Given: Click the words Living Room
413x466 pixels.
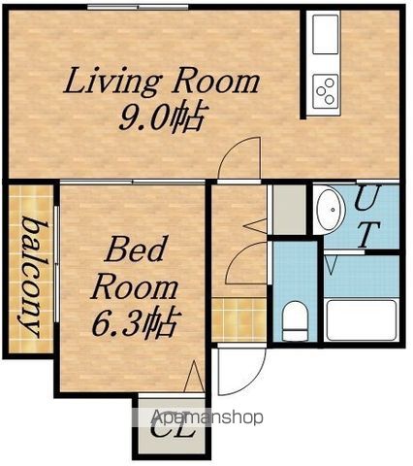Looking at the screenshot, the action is pyautogui.click(x=161, y=82).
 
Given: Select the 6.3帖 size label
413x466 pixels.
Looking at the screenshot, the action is pyautogui.click(x=136, y=322).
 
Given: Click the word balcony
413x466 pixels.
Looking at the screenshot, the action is pyautogui.click(x=32, y=278).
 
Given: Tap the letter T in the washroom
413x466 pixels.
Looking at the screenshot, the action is pyautogui.click(x=368, y=234).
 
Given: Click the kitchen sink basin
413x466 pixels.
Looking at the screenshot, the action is pyautogui.click(x=325, y=34).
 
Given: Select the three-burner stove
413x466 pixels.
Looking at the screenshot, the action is pyautogui.click(x=325, y=91).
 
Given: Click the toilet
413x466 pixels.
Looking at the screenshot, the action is pyautogui.click(x=294, y=320).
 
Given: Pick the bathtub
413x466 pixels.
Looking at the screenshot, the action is pyautogui.click(x=362, y=319).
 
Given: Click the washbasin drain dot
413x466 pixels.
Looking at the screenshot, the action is pyautogui.click(x=333, y=210).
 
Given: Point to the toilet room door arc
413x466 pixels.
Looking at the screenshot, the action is pyautogui.click(x=239, y=254).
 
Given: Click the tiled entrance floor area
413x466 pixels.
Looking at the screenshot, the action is pyautogui.click(x=238, y=319).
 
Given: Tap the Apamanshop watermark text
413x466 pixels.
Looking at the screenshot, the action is pyautogui.click(x=207, y=417).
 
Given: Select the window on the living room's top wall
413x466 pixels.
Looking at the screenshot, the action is pyautogui.click(x=138, y=7).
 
